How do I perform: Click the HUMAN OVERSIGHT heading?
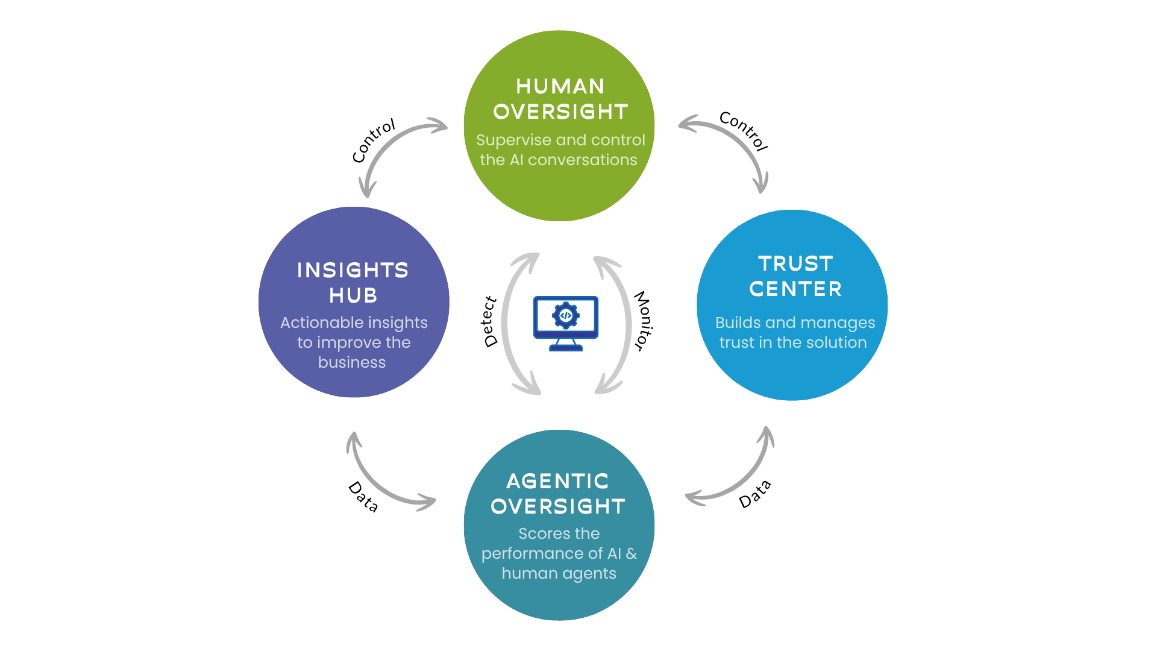[x=560, y=99]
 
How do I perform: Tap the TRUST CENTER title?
[x=795, y=276]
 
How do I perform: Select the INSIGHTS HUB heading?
[x=353, y=283]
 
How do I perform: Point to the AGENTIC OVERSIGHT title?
[x=558, y=494]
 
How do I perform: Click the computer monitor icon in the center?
[x=566, y=323]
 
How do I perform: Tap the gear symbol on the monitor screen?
[x=566, y=315]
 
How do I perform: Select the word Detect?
[x=490, y=322]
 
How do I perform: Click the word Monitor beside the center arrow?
[x=643, y=321]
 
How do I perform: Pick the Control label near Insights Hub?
[x=374, y=140]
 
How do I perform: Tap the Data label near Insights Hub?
[x=363, y=497]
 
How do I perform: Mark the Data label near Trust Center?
[x=755, y=494]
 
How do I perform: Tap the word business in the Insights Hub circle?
[x=352, y=362]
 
